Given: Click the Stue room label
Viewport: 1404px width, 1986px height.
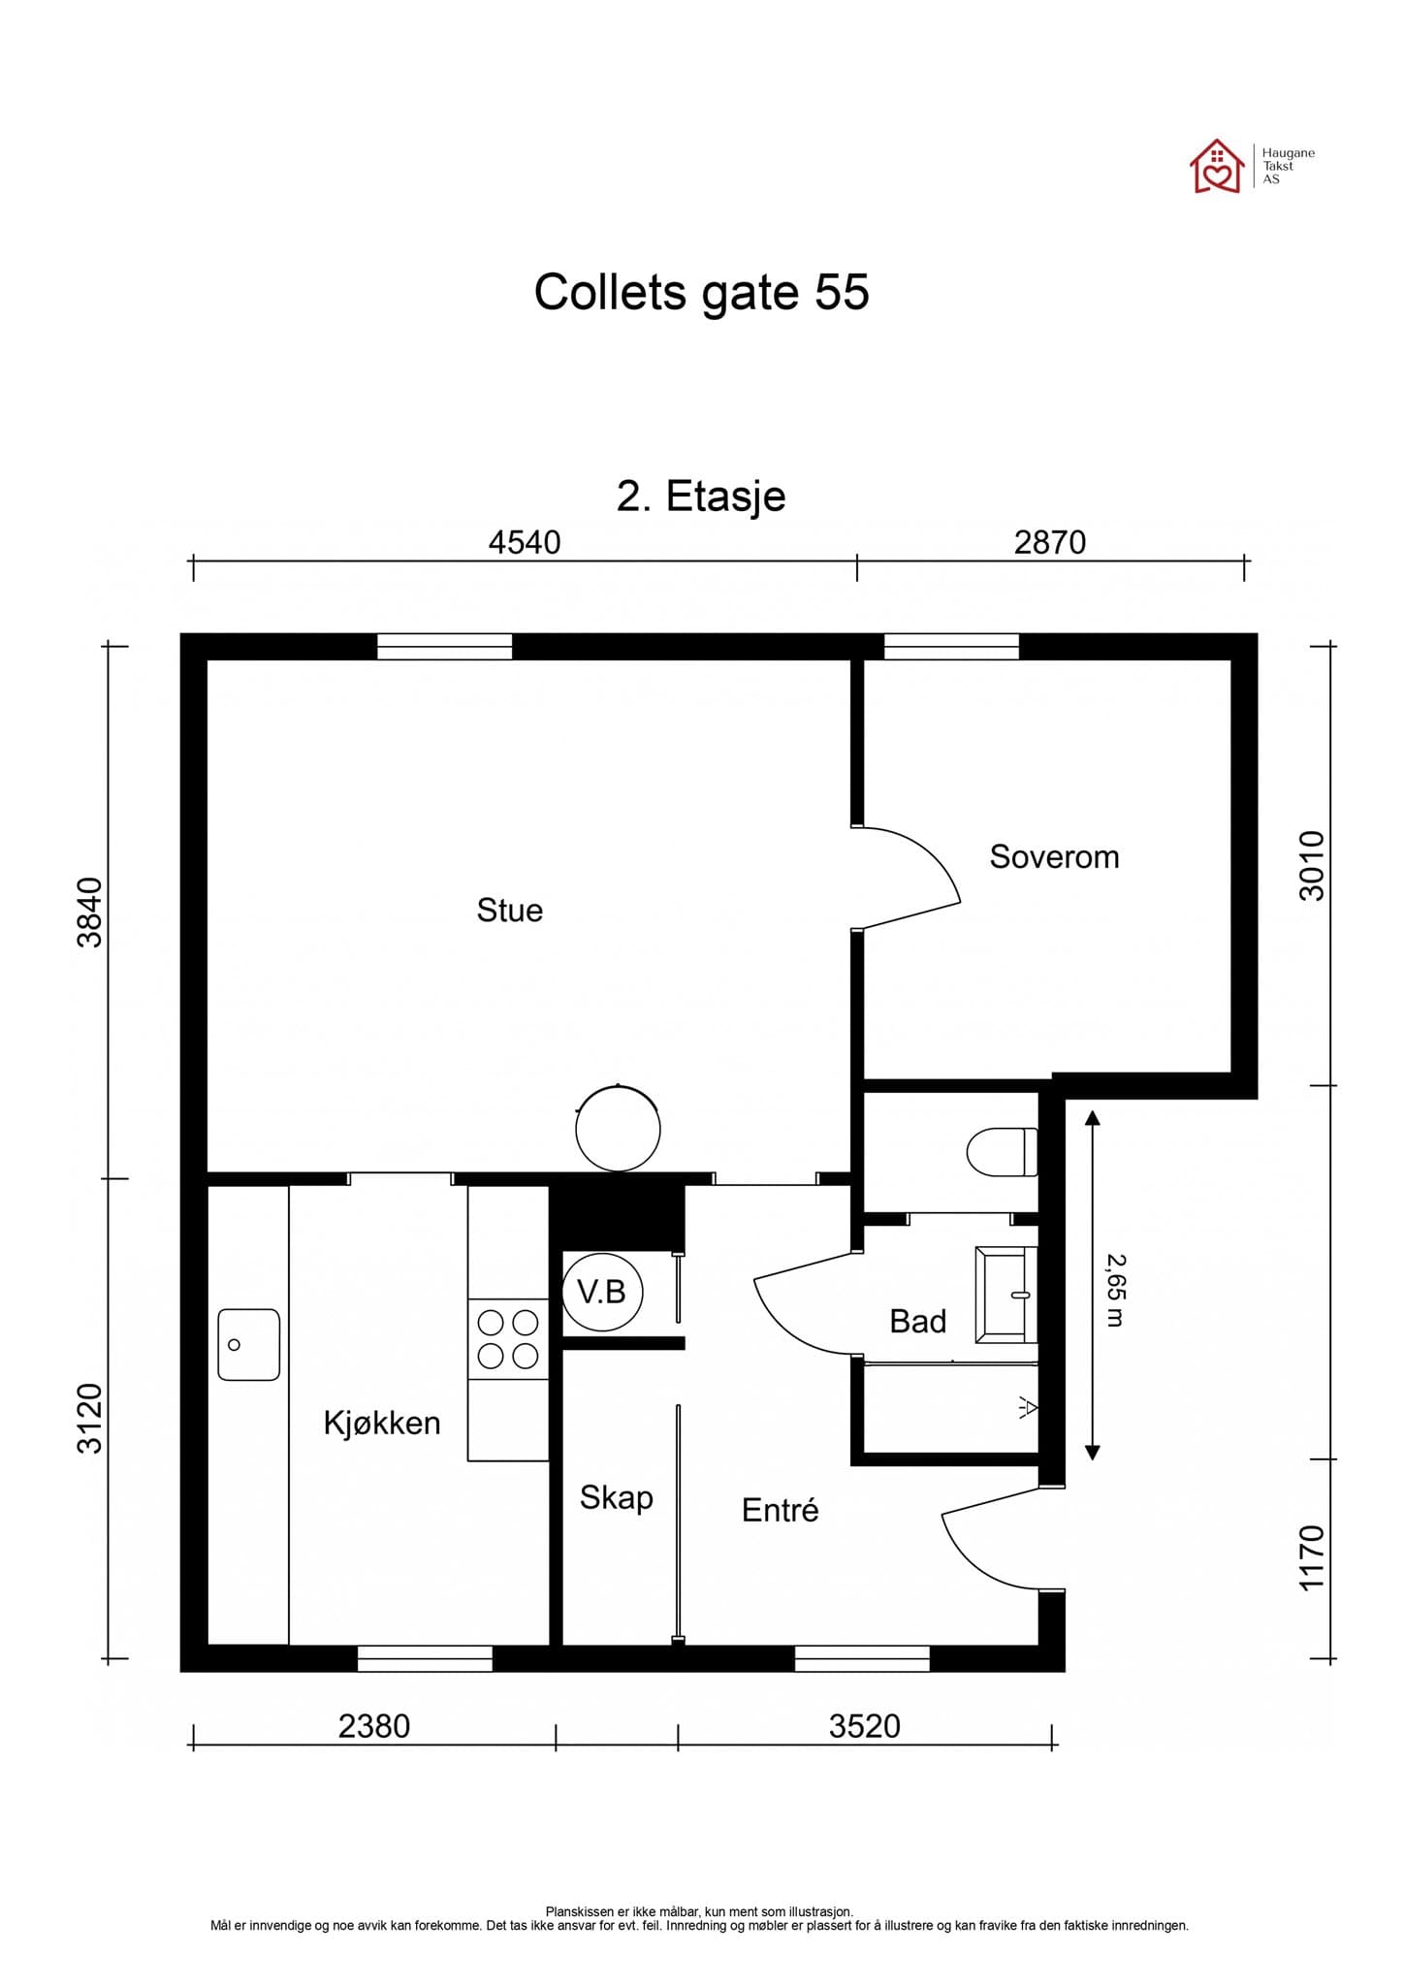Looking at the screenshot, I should click(x=509, y=910).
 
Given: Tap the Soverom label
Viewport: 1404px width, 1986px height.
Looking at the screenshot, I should click(x=1054, y=856).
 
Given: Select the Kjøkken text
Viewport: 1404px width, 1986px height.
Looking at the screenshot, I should click(x=382, y=1423).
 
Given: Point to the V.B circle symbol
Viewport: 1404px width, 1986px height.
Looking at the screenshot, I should click(x=602, y=1292).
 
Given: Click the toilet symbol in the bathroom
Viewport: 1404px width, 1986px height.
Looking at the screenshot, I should click(x=1002, y=1152).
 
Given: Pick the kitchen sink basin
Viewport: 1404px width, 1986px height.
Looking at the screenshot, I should click(x=248, y=1344).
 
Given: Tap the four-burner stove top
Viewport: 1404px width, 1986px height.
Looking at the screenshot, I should click(x=508, y=1339).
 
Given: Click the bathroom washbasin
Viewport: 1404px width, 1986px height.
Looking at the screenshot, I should click(x=1005, y=1295).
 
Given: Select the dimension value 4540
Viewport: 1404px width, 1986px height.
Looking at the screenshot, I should click(x=525, y=542).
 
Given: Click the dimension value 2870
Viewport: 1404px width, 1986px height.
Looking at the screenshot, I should click(x=1050, y=542).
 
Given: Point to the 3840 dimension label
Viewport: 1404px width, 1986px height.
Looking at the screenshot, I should click(x=89, y=912).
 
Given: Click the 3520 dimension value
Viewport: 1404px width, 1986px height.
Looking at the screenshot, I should click(x=865, y=1726).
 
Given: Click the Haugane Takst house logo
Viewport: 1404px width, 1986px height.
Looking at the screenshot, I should click(x=1217, y=166).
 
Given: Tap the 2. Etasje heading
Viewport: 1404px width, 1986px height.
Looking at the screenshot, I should click(x=701, y=496).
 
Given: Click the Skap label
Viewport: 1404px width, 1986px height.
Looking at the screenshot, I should click(x=616, y=1497).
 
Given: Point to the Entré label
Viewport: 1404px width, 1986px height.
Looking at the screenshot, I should click(x=780, y=1510).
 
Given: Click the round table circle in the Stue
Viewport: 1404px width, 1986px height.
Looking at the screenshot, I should click(x=618, y=1129).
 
